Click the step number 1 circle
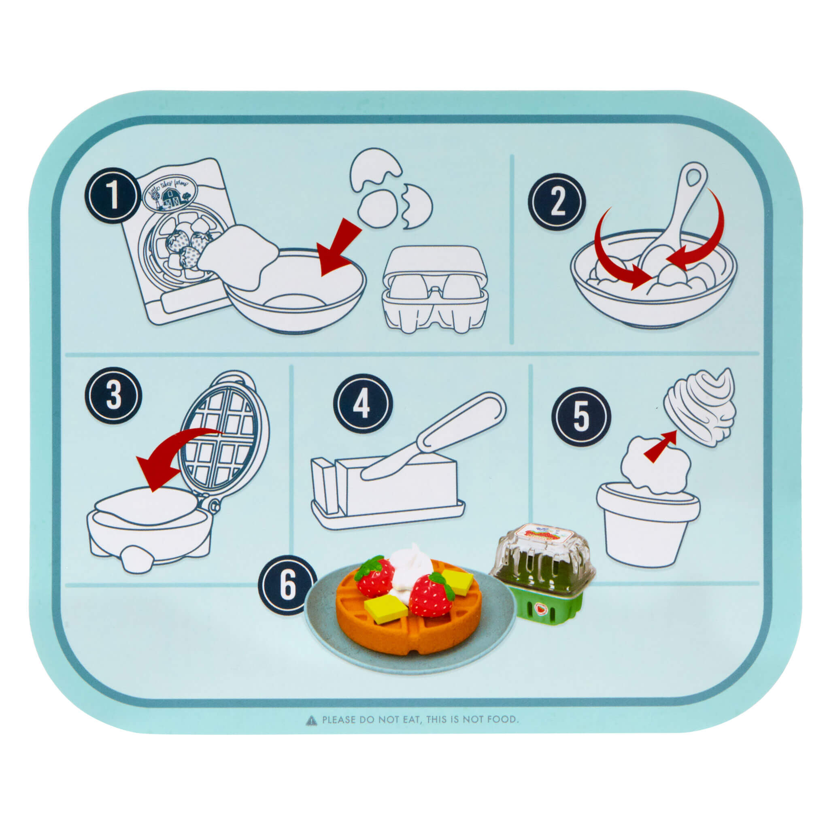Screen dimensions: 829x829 (x=113, y=195)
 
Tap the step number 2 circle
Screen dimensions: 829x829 (x=557, y=201)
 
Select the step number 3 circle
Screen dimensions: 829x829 (x=113, y=395)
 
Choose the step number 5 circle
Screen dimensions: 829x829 (x=581, y=416)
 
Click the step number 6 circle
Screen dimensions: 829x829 (x=287, y=585)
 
